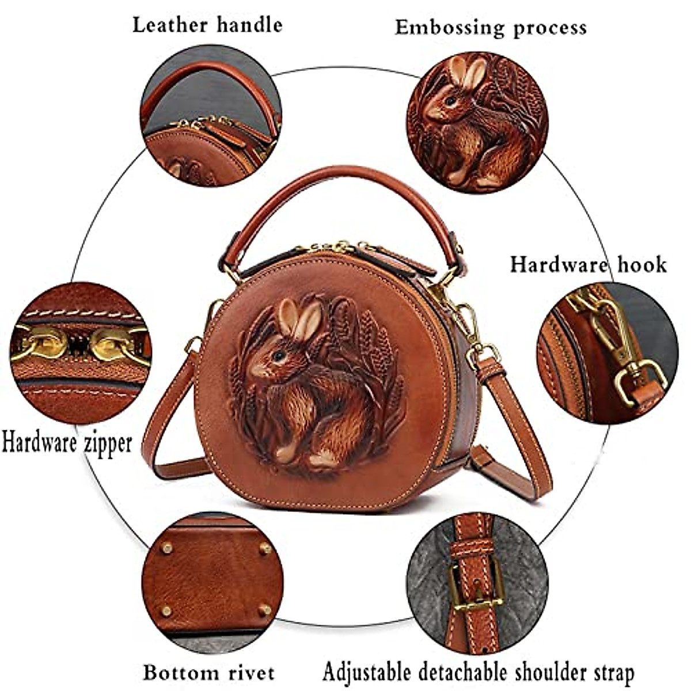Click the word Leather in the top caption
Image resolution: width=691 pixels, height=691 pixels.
[169, 25]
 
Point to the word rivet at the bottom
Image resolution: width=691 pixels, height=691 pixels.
[248, 672]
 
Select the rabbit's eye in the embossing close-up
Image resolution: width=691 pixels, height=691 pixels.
[450, 101]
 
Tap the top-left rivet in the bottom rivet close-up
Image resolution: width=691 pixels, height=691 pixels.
[166, 548]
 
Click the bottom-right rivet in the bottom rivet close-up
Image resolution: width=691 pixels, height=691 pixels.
[264, 609]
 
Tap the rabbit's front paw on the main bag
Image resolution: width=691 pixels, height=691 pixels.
[286, 452]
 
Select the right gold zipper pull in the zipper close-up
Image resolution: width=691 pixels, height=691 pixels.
[113, 344]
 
